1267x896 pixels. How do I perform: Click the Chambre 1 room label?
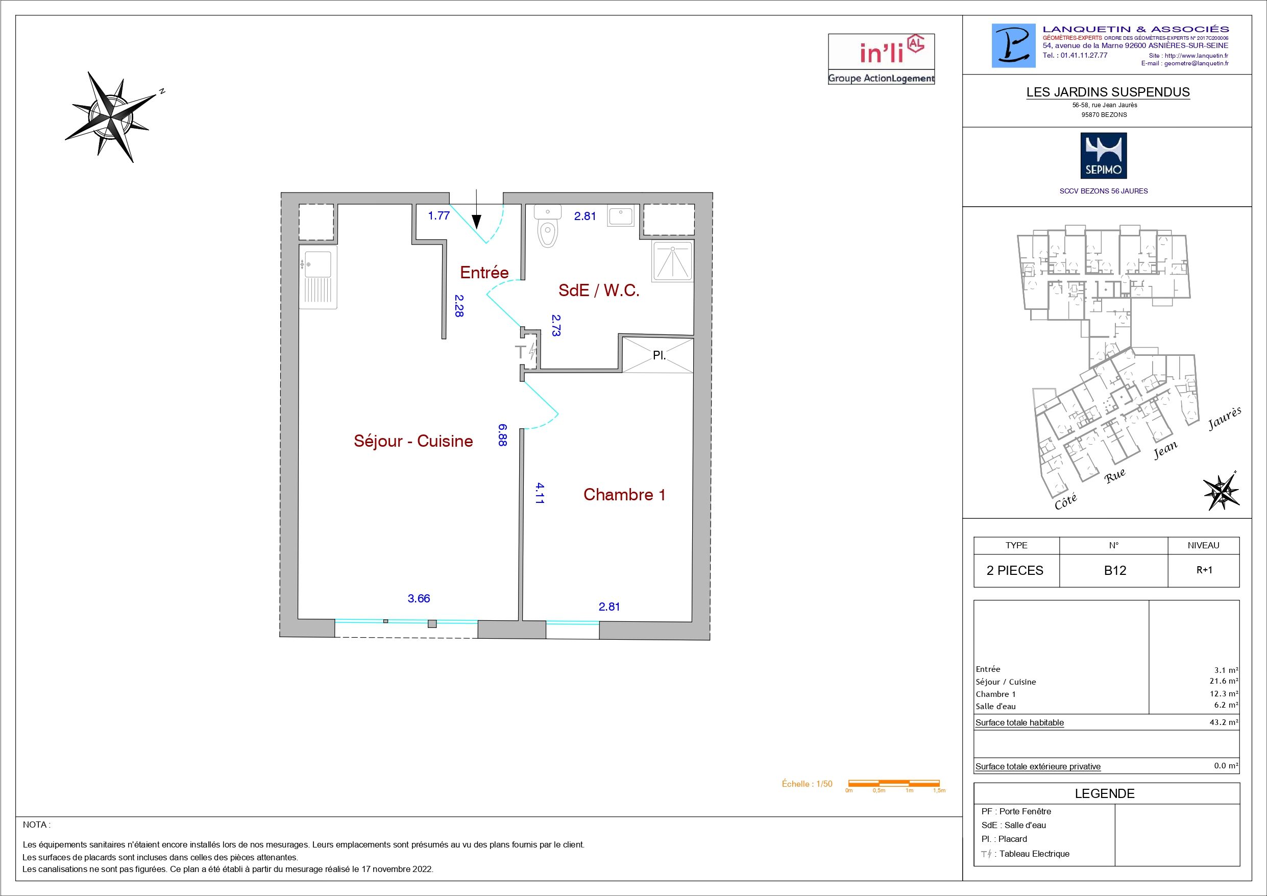pos(624,494)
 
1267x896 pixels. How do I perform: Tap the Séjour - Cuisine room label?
pos(413,441)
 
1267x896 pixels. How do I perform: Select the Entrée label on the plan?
pos(484,272)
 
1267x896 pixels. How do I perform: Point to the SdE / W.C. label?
pos(599,290)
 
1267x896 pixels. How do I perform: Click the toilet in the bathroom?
pos(548,228)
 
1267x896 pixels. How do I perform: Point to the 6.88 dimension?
pos(502,434)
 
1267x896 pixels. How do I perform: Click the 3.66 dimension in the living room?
pos(418,598)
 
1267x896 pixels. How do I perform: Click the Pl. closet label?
pos(659,355)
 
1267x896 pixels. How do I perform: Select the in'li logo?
pos(881,59)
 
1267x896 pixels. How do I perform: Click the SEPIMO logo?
pos(1104,156)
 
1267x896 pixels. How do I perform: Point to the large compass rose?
pos(114,116)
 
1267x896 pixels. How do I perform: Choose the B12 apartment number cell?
pos(1115,570)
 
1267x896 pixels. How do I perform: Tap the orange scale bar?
pos(893,783)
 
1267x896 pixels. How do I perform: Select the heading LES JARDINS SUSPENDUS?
pos(1108,92)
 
